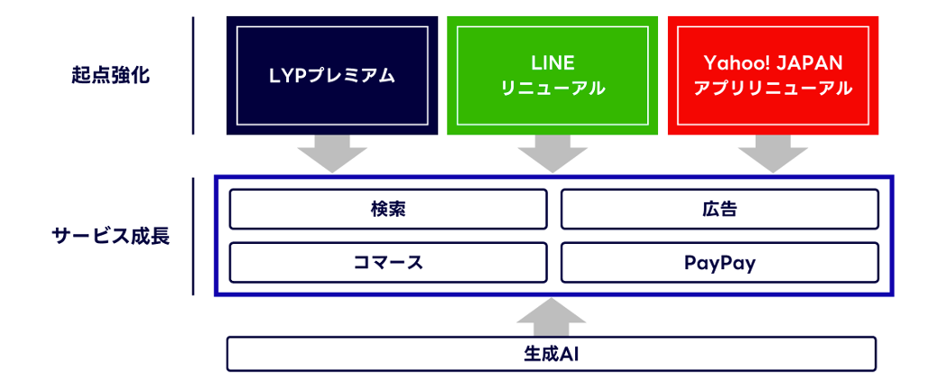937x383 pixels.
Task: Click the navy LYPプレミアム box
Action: (x=332, y=76)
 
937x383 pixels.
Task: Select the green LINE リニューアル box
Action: (x=552, y=76)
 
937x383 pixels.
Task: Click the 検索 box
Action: (x=388, y=210)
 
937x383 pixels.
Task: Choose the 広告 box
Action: (x=719, y=210)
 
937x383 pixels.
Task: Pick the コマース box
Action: (x=388, y=263)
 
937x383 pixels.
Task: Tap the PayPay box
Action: (x=719, y=263)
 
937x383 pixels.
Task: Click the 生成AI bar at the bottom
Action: (x=551, y=354)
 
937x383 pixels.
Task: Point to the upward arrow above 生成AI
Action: (x=552, y=315)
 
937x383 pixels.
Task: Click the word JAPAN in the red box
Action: (x=812, y=63)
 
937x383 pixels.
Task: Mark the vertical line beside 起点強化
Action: (x=193, y=76)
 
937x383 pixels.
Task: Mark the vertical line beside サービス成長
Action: (x=193, y=237)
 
